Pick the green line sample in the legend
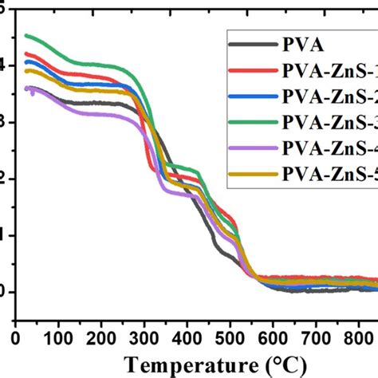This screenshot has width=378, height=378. pos(250,122)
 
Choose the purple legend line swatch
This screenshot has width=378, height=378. pos(250,148)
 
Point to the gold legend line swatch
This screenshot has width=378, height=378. pos(250,173)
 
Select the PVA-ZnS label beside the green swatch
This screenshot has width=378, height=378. pos(327,122)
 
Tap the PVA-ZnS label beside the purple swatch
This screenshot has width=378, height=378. pos(327,148)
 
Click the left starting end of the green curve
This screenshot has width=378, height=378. pos(26,35)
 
